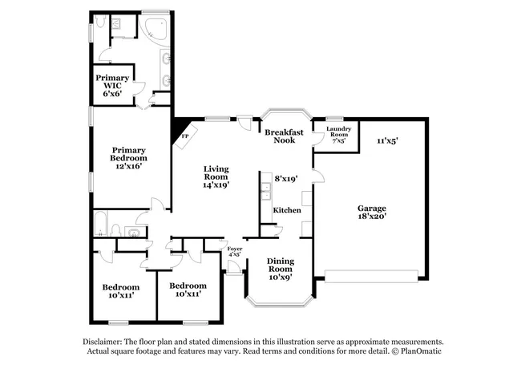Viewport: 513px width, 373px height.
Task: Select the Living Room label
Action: (x=216, y=176)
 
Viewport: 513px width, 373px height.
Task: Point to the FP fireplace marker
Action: (x=184, y=136)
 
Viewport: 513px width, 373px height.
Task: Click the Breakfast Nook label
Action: (x=285, y=136)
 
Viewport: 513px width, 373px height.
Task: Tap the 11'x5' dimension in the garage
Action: (x=388, y=141)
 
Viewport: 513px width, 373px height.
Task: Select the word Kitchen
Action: (x=287, y=210)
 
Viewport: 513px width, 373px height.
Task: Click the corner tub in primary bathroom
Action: (x=153, y=31)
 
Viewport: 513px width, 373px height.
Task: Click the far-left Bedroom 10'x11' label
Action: (x=120, y=290)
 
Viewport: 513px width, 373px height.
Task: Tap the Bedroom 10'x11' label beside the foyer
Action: (x=188, y=290)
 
